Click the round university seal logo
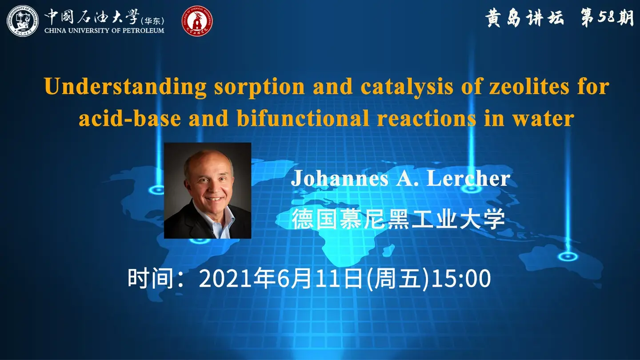(23, 21)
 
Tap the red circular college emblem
(197, 21)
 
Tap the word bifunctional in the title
(302, 119)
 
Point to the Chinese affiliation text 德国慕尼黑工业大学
(398, 219)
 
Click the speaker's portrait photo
(208, 190)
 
